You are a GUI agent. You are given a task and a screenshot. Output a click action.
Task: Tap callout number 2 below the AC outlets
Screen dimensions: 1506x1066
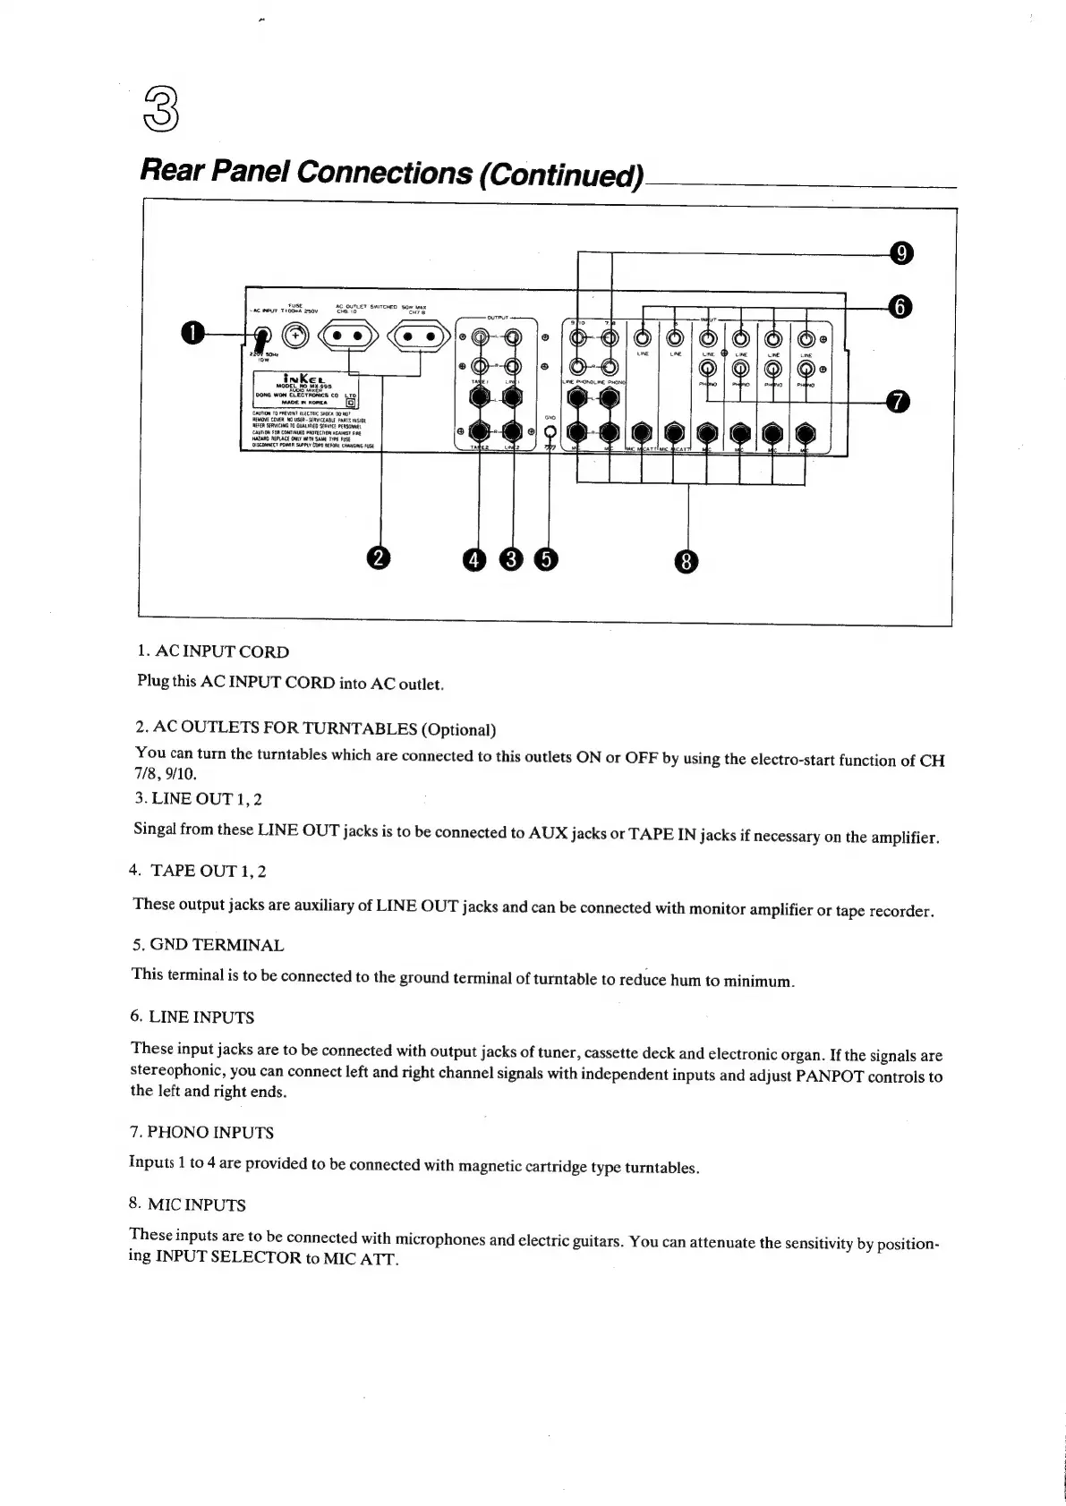tap(380, 558)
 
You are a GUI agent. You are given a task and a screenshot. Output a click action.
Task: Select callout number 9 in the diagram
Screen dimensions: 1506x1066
tap(902, 253)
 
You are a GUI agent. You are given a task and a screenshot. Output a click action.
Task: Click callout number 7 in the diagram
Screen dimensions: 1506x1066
tap(899, 402)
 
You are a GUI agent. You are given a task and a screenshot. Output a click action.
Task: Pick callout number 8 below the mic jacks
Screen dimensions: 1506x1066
tap(687, 561)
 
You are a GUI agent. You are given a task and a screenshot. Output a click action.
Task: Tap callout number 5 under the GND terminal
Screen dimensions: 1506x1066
tap(545, 559)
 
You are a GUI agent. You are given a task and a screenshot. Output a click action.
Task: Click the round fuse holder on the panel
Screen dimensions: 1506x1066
tap(295, 336)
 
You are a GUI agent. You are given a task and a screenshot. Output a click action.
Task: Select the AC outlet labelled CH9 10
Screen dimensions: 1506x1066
tap(347, 337)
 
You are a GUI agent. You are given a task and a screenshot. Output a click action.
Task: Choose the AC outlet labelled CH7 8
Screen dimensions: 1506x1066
tap(417, 337)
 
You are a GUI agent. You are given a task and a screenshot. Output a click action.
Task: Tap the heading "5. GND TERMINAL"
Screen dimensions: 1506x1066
tap(208, 945)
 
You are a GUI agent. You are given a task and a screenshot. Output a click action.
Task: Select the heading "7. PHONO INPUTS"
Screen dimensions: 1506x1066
tap(201, 1133)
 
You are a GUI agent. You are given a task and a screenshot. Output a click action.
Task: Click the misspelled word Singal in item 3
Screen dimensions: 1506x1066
tap(156, 829)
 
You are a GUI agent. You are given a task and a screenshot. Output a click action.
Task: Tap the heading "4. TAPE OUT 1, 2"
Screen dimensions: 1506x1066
tap(197, 871)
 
